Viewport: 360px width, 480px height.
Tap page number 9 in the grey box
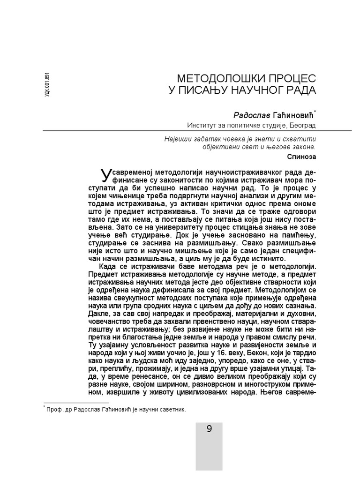tap(209, 429)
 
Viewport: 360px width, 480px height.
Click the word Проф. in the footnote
tap(55, 409)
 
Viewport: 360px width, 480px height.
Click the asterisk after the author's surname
tap(315, 112)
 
